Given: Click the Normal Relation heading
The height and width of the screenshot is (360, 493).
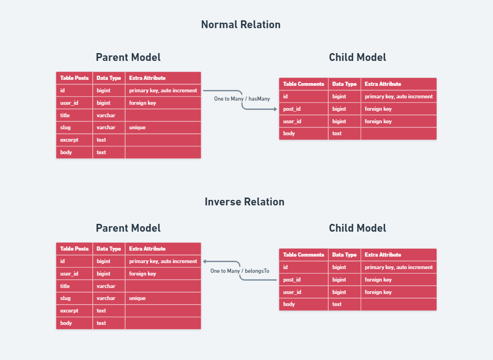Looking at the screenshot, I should (x=240, y=24).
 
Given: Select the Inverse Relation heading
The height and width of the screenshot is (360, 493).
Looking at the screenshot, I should (x=244, y=202).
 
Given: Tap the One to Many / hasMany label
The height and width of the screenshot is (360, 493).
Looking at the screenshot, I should (x=242, y=99).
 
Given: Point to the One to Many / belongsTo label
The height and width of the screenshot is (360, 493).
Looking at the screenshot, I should (x=240, y=271).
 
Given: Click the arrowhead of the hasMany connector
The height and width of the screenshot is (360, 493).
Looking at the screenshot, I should (x=276, y=109).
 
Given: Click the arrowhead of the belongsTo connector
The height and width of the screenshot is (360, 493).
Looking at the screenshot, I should (x=204, y=261).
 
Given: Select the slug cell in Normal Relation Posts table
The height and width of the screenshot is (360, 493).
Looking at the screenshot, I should (x=66, y=127).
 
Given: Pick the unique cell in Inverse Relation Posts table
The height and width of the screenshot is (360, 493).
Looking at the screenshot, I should (x=138, y=298).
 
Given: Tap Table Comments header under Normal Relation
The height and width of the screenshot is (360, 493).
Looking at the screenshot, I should (x=303, y=84).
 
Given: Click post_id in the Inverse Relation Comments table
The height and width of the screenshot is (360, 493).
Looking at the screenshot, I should (x=292, y=280).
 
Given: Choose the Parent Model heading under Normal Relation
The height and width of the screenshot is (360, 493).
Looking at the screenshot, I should (x=128, y=57).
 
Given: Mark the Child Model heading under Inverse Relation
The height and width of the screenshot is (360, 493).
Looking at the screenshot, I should (x=357, y=228).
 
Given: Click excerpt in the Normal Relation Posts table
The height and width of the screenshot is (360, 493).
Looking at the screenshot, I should (x=69, y=140).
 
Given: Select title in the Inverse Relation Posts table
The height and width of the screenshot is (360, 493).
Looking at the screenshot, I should (x=65, y=286).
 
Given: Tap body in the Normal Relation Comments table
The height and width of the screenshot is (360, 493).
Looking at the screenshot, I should (x=289, y=133).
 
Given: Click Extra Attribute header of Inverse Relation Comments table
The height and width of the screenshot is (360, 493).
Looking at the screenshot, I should (x=383, y=255).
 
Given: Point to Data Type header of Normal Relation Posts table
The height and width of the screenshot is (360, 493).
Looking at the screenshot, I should (x=108, y=78).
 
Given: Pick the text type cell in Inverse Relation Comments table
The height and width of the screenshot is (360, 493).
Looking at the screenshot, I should (x=337, y=304).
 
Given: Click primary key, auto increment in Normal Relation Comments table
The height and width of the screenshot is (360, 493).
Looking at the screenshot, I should (x=398, y=96).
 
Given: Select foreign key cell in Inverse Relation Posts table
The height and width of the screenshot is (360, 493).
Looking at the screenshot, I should (x=143, y=274).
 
